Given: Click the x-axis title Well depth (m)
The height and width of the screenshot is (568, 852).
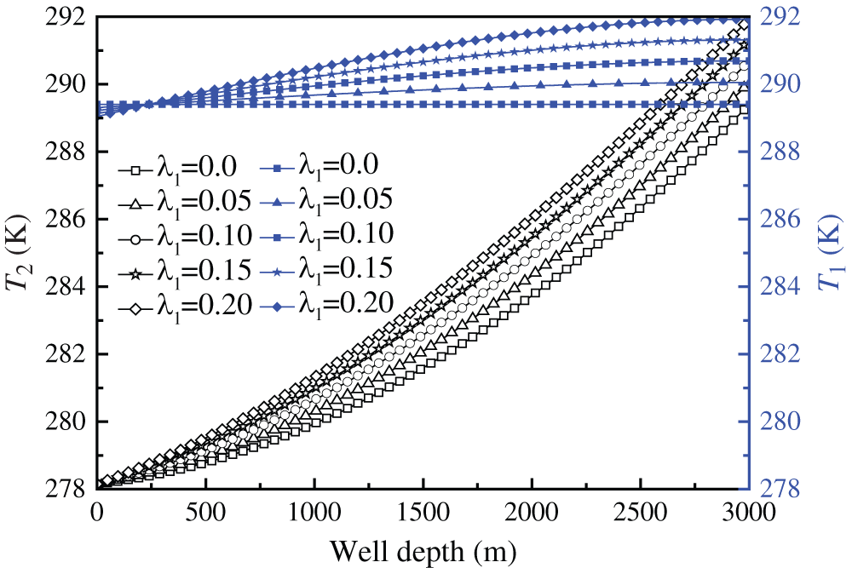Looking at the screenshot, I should pos(423,550).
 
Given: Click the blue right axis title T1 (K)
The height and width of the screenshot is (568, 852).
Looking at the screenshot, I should pos(828,253).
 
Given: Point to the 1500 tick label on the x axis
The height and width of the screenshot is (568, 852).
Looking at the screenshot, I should pos(423,512).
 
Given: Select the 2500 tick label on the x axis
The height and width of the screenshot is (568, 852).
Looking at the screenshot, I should pos(640,512).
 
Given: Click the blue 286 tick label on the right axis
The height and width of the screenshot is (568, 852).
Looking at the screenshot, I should pos(776,220).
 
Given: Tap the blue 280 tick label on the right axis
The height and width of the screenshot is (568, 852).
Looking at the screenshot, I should pos(776,422).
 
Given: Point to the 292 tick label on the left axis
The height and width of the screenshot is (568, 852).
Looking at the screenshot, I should pos(66,18).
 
